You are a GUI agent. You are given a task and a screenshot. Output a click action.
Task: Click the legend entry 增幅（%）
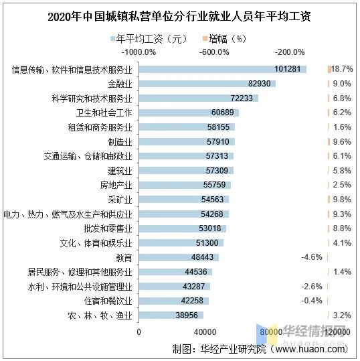[x=228, y=38]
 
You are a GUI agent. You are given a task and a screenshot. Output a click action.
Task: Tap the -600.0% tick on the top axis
[x=215, y=52]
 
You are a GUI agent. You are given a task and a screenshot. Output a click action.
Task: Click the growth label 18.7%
[x=342, y=69]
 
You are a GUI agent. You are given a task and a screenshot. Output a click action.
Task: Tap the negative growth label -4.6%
[x=312, y=257]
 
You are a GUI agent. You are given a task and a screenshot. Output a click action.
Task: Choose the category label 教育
[x=124, y=257]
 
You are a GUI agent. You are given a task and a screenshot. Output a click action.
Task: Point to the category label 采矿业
[x=120, y=200]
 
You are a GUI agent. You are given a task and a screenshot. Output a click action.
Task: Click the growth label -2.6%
[x=312, y=287]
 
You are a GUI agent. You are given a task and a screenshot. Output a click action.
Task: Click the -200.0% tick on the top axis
[x=290, y=52]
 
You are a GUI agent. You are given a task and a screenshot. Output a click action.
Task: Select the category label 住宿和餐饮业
[x=111, y=301]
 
